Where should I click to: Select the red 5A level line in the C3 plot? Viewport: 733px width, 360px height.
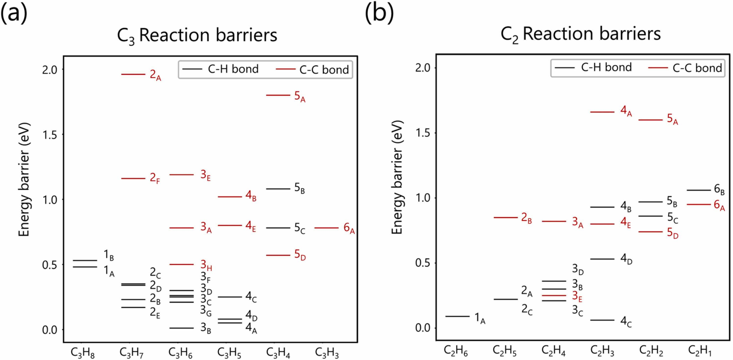pos(278,95)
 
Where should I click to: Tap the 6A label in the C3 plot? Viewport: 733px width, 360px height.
pos(349,228)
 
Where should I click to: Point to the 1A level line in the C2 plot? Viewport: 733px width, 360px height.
pos(457,316)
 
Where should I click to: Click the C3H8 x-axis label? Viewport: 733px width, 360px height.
pos(83,353)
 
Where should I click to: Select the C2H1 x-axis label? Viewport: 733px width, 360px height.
pos(700,351)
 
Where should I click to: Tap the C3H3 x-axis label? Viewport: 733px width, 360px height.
pos(327,353)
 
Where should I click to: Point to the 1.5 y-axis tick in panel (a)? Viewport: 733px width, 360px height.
pos(49,135)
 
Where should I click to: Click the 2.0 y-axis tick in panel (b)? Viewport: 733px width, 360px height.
pos(423,68)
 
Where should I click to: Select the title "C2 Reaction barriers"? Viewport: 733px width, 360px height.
pos(580,34)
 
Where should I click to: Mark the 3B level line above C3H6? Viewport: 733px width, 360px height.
pos(182,328)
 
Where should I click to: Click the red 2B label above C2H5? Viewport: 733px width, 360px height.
pos(526,218)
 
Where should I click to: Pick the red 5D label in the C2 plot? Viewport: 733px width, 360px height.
pos(672,233)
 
